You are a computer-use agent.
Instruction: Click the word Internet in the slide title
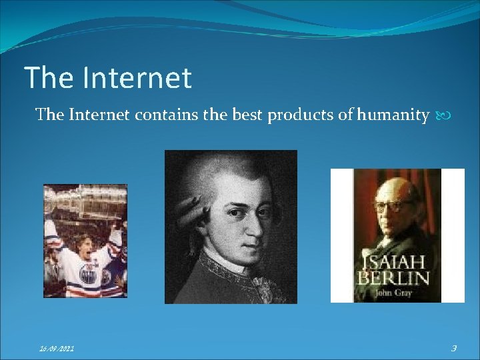[x=138, y=78]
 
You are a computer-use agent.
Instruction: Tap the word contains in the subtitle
[x=166, y=115]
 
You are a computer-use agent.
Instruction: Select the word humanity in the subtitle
[x=393, y=115]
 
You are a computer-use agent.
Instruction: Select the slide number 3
[x=453, y=347]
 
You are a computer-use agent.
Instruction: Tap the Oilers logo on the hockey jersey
[x=88, y=273]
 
